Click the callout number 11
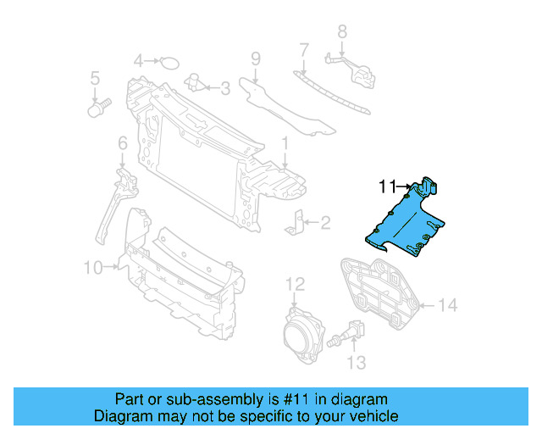point(388,186)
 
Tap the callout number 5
point(96,79)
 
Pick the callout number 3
point(224,86)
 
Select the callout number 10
point(93,268)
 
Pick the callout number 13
point(357,363)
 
